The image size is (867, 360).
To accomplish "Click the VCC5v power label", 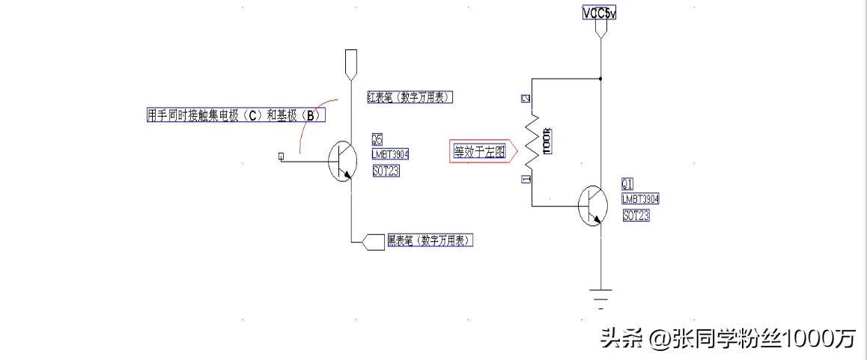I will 599,13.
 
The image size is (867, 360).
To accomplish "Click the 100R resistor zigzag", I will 532,141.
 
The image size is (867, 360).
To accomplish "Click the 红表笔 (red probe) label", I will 410,97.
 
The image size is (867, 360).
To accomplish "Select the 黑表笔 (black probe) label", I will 430,240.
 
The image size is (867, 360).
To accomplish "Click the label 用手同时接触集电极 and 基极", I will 236,115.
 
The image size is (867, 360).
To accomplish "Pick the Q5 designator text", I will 377,139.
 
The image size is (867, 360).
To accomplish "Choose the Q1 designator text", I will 627,184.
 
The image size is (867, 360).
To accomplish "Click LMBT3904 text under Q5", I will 390,154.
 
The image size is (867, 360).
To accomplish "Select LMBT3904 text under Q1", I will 640,199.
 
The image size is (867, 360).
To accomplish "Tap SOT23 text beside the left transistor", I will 386,171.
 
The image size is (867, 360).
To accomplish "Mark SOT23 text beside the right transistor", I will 636,216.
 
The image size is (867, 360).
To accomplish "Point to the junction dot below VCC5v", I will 600,77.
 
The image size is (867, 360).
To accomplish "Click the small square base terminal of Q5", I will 281,156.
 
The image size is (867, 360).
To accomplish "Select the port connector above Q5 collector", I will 351,64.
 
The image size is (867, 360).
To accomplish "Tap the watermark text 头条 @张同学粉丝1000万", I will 727,339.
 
